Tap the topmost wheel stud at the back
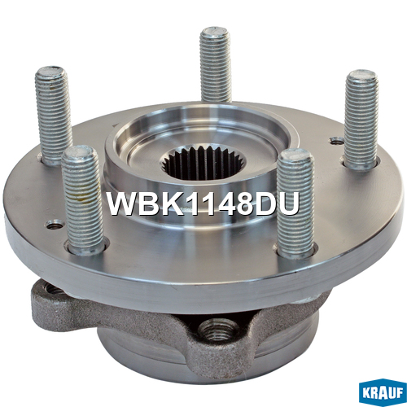click(215, 64)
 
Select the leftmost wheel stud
click(54, 116)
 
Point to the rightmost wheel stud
click(361, 120)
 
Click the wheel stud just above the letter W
click(82, 199)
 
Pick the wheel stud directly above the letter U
click(295, 203)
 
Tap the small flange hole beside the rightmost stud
click(336, 141)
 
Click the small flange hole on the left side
click(55, 225)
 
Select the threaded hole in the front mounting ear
click(217, 329)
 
